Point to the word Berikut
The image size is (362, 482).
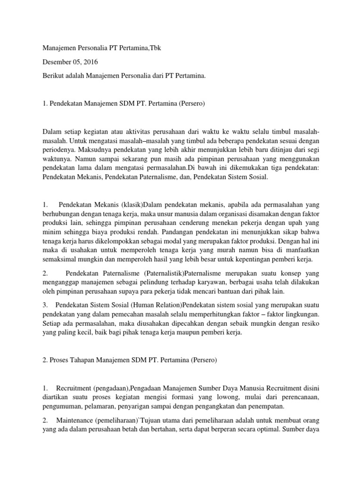(x=54, y=75)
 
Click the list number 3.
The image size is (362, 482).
(x=45, y=304)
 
